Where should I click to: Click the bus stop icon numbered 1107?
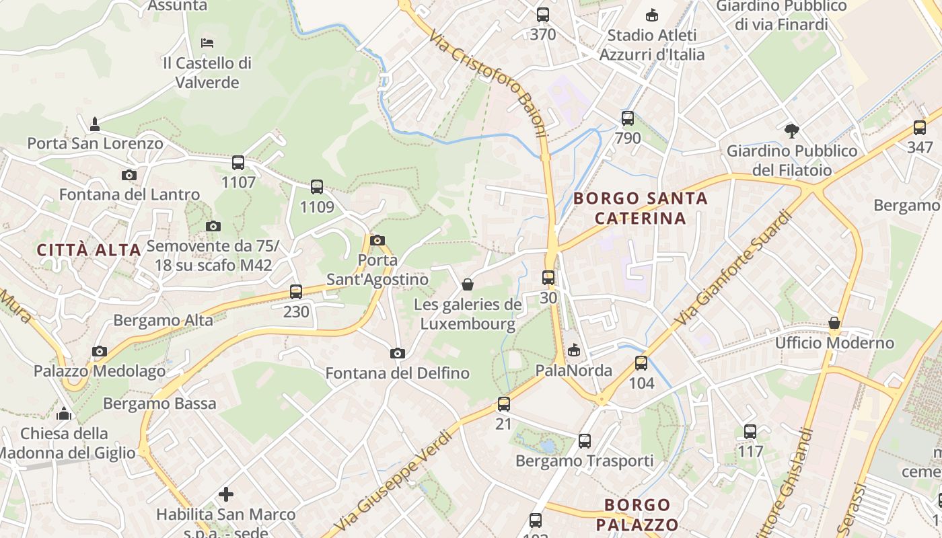pyautogui.click(x=238, y=163)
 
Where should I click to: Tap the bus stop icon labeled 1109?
pyautogui.click(x=317, y=187)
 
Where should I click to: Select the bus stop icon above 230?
pyautogui.click(x=296, y=292)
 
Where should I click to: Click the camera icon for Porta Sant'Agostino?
pyautogui.click(x=377, y=240)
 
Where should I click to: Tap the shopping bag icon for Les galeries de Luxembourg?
pyautogui.click(x=468, y=284)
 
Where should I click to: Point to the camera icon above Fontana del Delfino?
pyautogui.click(x=398, y=354)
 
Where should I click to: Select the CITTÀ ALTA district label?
pyautogui.click(x=89, y=250)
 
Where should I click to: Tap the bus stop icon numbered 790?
pyautogui.click(x=628, y=119)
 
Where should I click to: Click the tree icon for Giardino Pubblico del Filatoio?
pyautogui.click(x=792, y=130)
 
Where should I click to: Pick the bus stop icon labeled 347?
pyautogui.click(x=920, y=128)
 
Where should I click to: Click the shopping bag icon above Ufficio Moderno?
pyautogui.click(x=834, y=323)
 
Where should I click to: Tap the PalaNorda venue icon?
pyautogui.click(x=574, y=350)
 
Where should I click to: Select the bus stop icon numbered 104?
pyautogui.click(x=641, y=363)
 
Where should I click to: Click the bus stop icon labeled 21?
pyautogui.click(x=504, y=404)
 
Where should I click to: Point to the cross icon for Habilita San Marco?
pyautogui.click(x=226, y=494)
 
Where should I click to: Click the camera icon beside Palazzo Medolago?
pyautogui.click(x=100, y=351)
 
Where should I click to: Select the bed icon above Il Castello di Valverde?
pyautogui.click(x=207, y=43)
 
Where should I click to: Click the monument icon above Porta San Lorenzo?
pyautogui.click(x=95, y=124)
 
